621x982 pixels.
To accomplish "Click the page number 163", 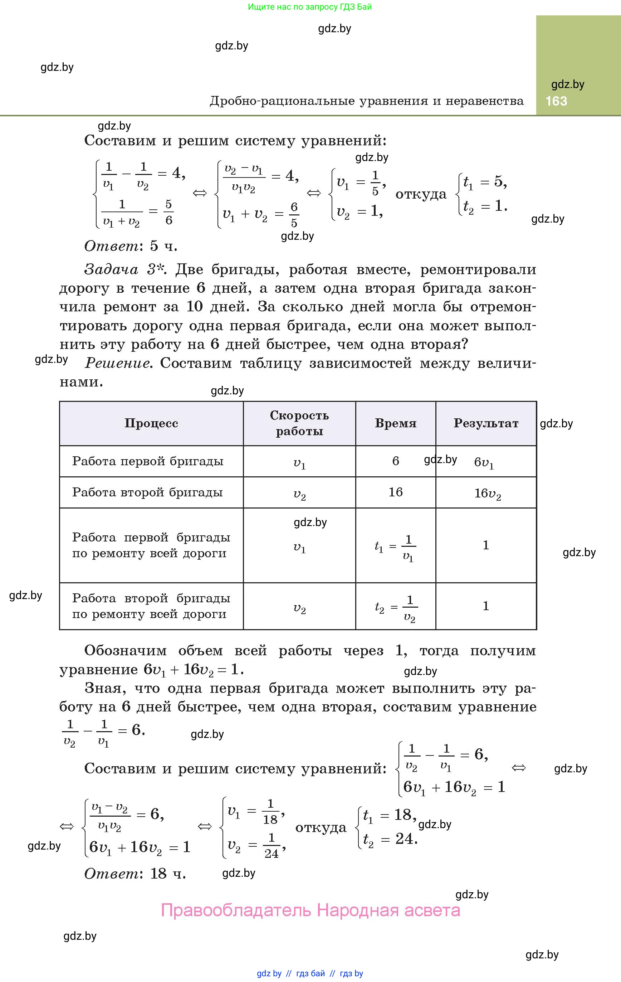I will pos(556,101).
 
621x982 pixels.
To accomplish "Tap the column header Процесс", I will pos(151,423).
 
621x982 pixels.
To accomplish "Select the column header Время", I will pos(396,423).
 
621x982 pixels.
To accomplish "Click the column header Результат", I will pos(486,423).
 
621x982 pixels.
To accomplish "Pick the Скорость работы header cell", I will pos(299,423).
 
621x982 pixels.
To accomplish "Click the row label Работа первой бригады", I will pos(148,461).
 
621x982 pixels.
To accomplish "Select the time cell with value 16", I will pos(396,492).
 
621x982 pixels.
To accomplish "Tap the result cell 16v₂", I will pos(487,494).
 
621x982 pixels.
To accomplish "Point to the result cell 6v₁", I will pos(484,462).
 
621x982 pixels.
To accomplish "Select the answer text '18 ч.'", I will pos(168,874).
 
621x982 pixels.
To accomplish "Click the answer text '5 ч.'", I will pos(164,246).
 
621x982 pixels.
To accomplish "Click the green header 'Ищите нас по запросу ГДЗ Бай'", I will pos(310,7).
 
